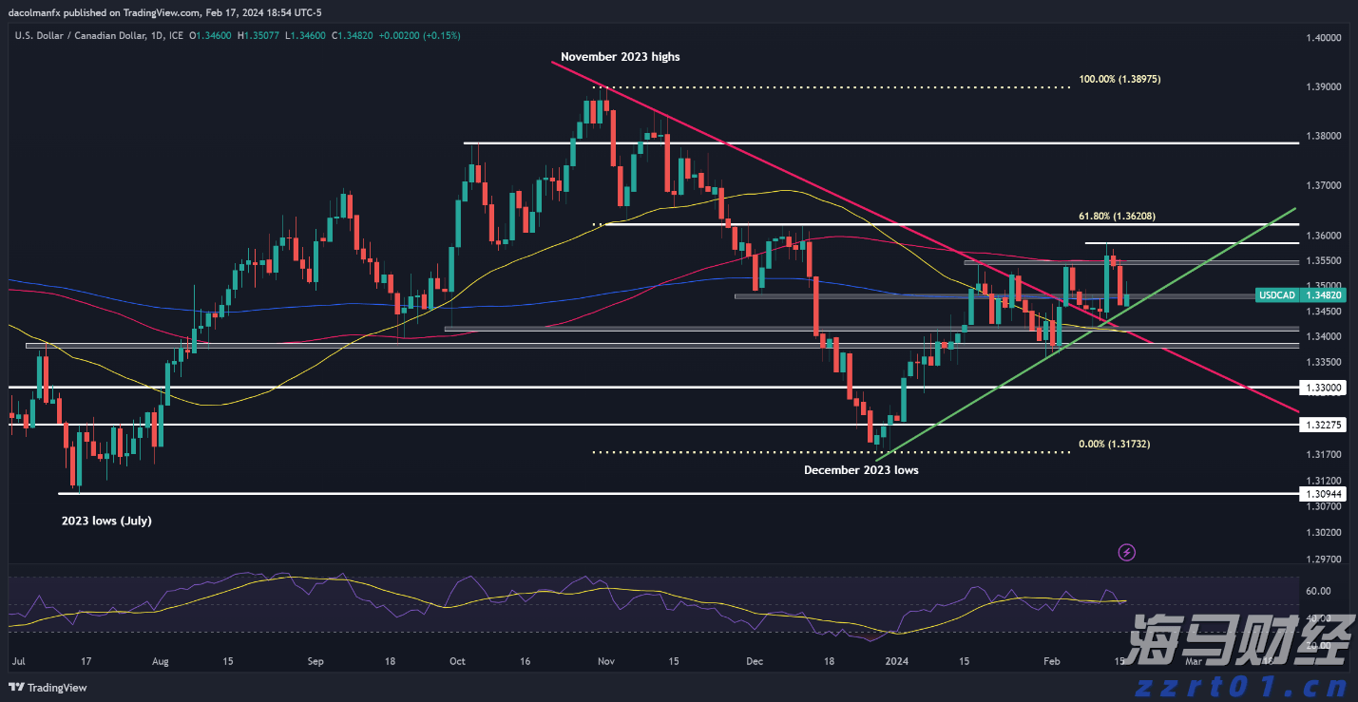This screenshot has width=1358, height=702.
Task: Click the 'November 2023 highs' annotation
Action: point(620,57)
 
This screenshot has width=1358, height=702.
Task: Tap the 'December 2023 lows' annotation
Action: point(861,470)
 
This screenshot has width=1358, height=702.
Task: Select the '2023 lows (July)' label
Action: point(106,521)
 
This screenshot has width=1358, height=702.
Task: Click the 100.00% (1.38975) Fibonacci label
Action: point(1119,80)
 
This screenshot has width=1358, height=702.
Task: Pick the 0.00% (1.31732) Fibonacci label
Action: point(1115,444)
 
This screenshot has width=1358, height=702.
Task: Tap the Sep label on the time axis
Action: point(316,660)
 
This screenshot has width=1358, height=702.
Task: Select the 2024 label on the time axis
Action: point(896,660)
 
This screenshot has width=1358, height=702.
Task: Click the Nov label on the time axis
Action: point(607,660)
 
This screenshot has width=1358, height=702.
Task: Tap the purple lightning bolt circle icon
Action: point(1126,552)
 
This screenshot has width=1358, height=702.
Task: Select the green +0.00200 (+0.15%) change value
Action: point(419,36)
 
